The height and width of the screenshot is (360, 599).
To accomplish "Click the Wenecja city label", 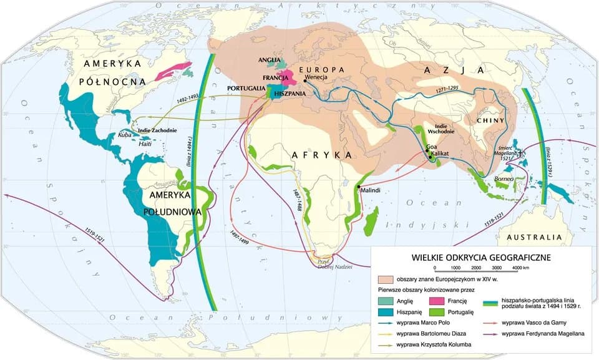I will tap(318, 79).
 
